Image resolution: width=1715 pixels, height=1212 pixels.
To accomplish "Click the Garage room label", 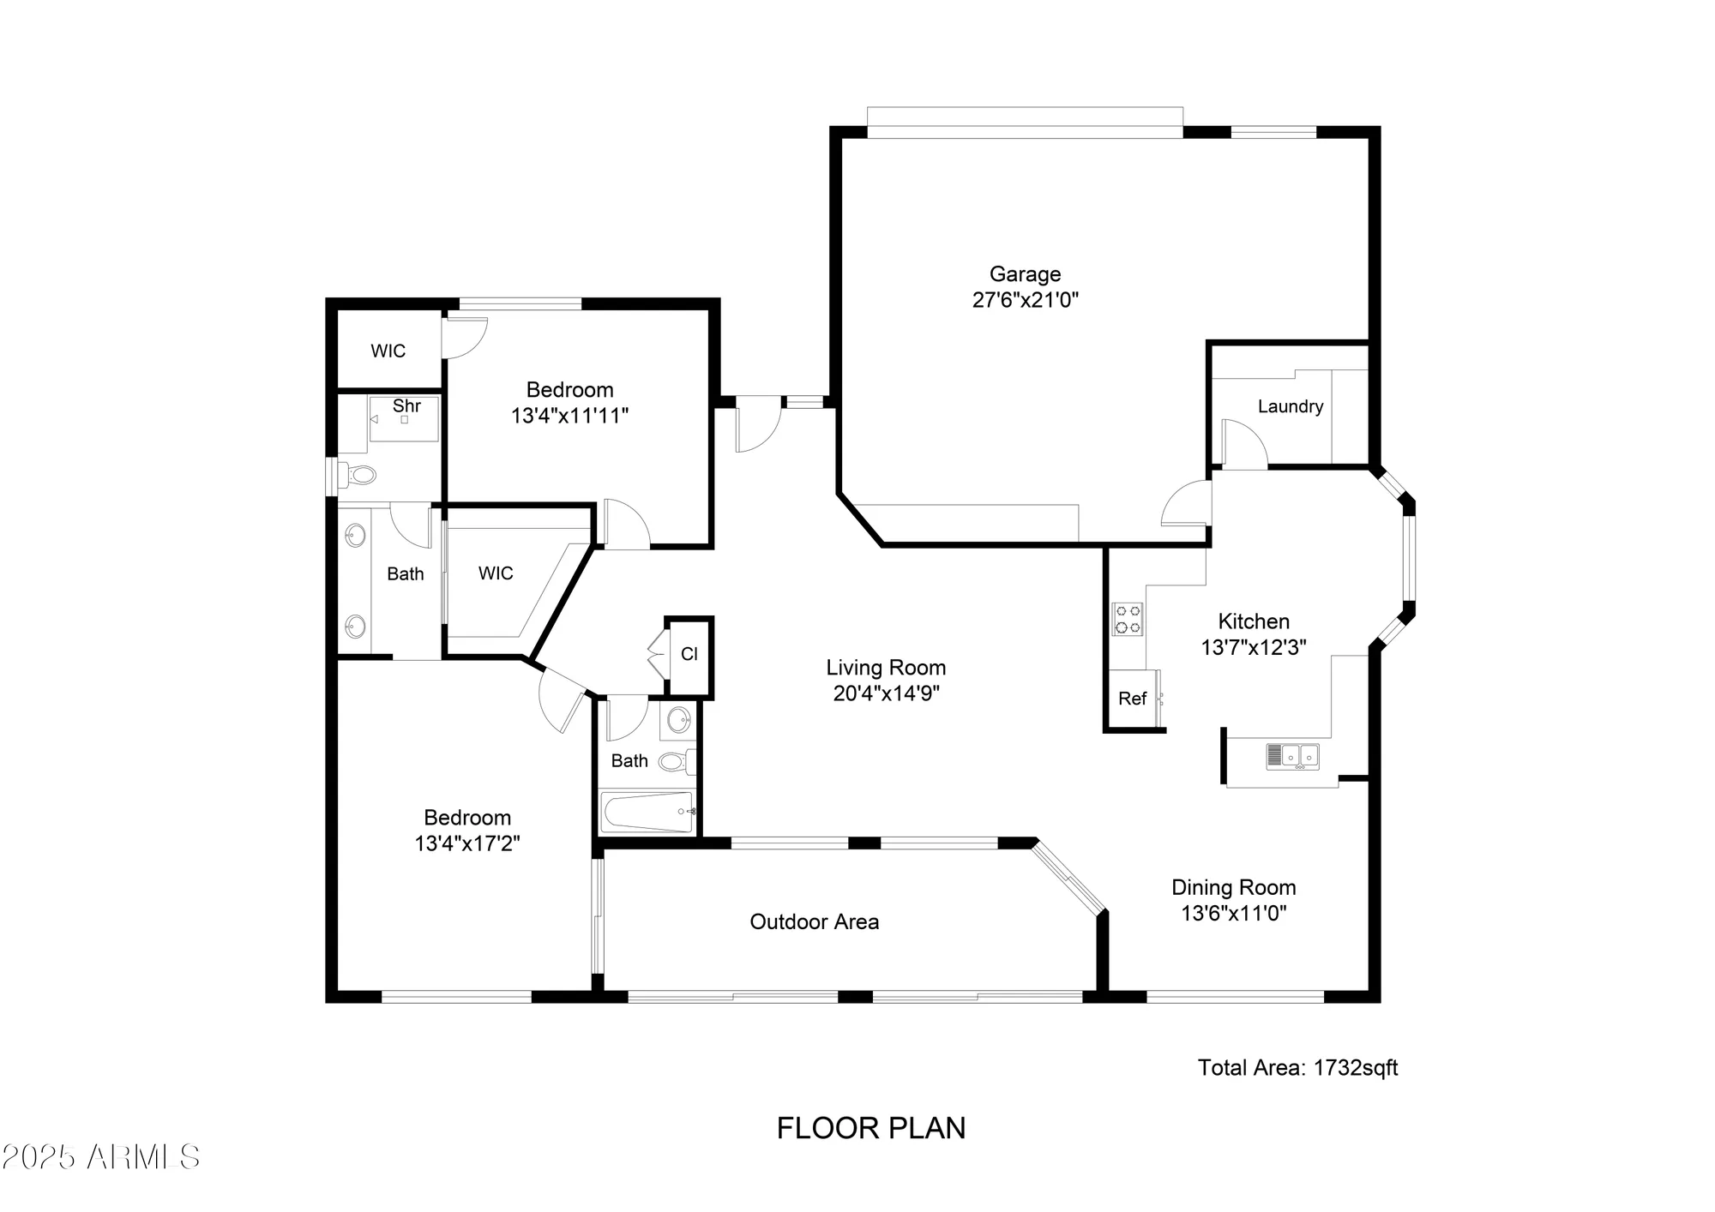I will tap(1025, 274).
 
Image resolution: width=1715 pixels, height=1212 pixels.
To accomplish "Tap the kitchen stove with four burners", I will tap(1128, 619).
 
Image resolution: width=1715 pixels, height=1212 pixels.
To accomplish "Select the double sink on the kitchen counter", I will tap(1292, 756).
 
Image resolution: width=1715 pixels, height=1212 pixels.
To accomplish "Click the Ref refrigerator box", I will tap(1132, 699).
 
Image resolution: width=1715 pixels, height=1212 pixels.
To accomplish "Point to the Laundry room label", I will tap(1290, 406).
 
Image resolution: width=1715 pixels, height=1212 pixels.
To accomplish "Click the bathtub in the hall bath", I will tap(647, 812).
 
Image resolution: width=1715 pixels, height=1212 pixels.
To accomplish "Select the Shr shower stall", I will tap(404, 418).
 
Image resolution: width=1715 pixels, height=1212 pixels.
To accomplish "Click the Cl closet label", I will tap(689, 654).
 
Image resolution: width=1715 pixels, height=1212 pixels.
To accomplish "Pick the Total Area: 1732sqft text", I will tap(1297, 1067).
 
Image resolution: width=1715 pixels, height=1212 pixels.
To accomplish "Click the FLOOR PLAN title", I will tap(870, 1128).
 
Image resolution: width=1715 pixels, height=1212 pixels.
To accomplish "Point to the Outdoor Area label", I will tap(814, 921).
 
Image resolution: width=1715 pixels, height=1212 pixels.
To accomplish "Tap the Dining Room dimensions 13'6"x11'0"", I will tap(1233, 914).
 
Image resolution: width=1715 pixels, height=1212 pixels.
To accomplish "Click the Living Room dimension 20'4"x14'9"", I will tap(886, 693).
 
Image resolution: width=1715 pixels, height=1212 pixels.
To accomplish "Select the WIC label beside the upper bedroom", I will tap(388, 351).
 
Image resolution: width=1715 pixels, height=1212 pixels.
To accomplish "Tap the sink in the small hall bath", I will tap(678, 719).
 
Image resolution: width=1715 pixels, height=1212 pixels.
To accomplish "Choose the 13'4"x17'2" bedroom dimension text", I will tap(467, 843).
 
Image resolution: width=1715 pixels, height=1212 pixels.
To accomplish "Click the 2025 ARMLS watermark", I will tap(100, 1157).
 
